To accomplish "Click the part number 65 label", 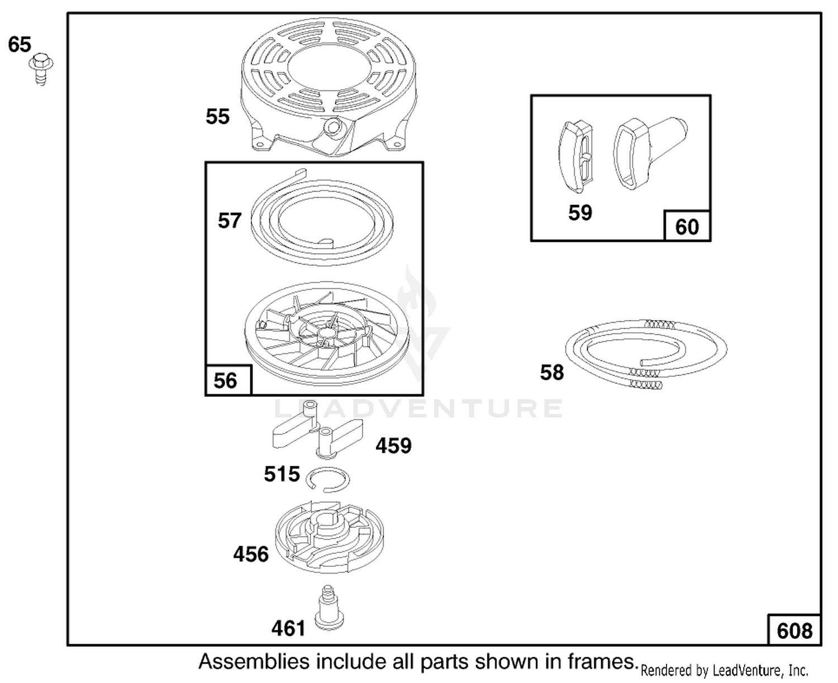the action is [x=20, y=44].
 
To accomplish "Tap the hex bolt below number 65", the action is [x=41, y=69].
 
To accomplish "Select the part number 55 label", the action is [x=217, y=116].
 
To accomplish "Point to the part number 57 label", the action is [x=229, y=221].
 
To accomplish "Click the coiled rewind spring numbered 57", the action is [x=322, y=217].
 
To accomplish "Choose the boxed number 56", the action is [x=225, y=380].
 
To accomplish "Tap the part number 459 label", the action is [x=393, y=446].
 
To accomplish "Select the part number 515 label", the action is [x=282, y=474].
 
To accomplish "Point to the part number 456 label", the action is [x=251, y=554].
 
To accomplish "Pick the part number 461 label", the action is [x=288, y=628].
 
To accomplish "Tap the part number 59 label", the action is [x=580, y=213].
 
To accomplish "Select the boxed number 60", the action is [x=687, y=227].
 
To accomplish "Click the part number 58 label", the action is [x=551, y=372].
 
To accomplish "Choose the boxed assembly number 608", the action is [x=794, y=631].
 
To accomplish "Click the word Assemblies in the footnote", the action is [x=254, y=662].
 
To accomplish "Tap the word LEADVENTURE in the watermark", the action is [x=418, y=408].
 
